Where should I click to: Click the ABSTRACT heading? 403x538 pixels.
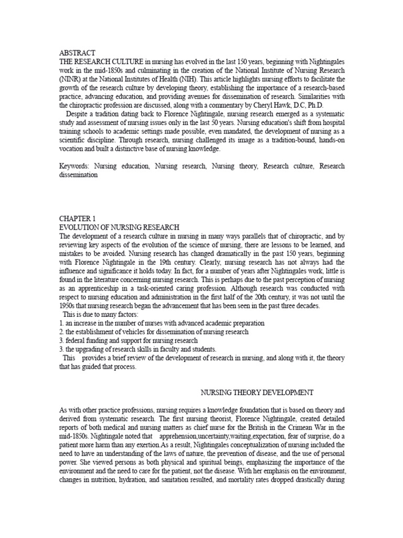click(77, 53)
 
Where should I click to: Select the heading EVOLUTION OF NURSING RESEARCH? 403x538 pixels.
click(120, 227)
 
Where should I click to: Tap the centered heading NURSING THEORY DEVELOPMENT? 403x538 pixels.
click(258, 392)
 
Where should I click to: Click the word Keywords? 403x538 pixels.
click(75, 167)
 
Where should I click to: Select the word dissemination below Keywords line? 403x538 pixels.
click(79, 175)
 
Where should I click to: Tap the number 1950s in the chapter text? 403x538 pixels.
click(69, 306)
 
